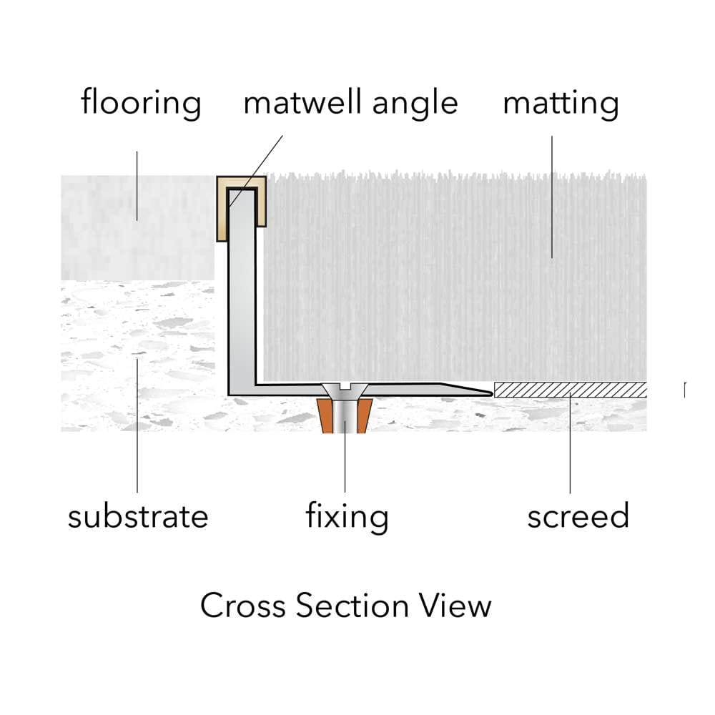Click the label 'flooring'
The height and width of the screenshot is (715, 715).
point(141,102)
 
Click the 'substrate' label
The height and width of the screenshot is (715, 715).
point(138,516)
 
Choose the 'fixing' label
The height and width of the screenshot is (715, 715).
point(347,516)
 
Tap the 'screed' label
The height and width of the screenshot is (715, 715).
point(578,516)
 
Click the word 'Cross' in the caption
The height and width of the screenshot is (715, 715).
point(243,606)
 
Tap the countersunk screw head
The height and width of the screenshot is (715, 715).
point(345,391)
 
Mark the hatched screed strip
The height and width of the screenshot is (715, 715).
point(570,390)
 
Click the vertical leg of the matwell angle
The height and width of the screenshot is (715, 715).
point(242,300)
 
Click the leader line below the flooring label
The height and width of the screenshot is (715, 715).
point(137,184)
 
